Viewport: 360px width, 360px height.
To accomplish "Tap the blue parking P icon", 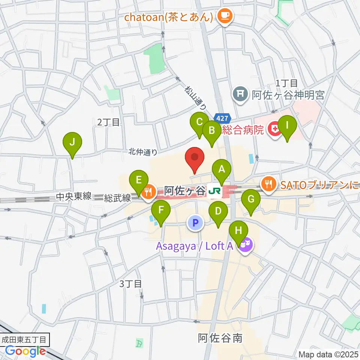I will pos(195,223).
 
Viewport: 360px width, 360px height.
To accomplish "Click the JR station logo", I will pos(214,192).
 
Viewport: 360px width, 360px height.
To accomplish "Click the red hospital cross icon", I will pos(275,130).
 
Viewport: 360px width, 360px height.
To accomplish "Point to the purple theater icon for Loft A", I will pos(246,246).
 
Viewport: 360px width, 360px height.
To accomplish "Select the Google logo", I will pos(25,351).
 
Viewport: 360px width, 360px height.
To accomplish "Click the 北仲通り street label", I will pos(142,152).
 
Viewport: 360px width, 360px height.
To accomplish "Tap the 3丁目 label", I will pos(130,284).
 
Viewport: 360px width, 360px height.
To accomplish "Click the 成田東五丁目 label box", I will pos(24,340).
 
